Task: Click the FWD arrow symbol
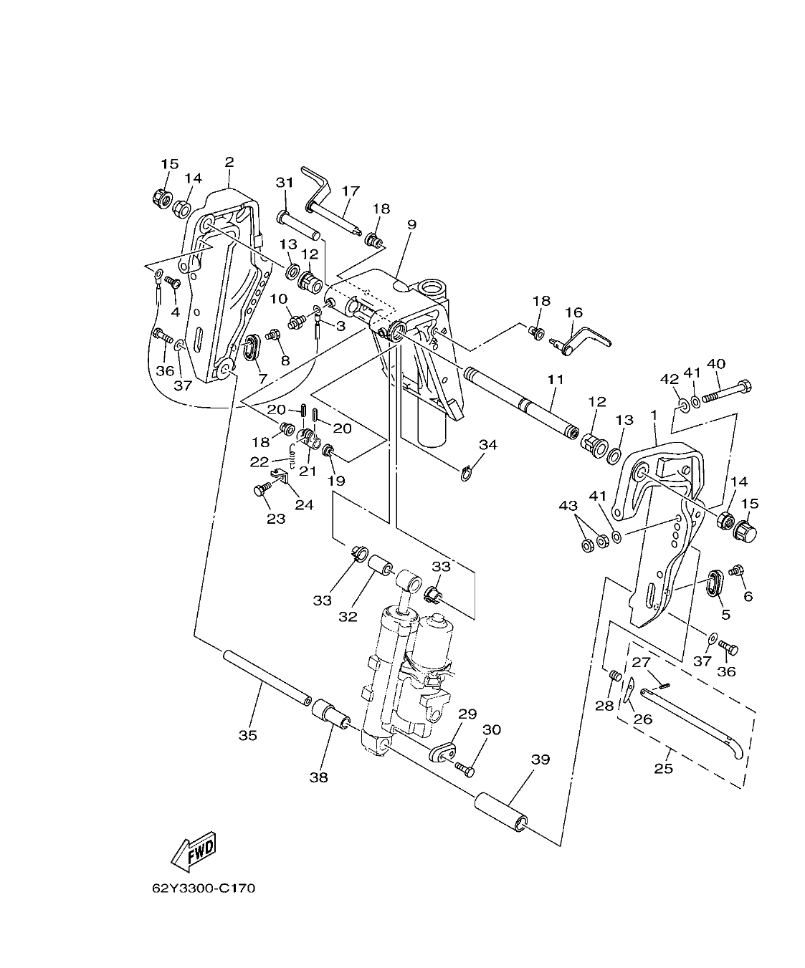coord(193,850)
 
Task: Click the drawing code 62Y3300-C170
coord(204,889)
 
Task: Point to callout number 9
coord(411,224)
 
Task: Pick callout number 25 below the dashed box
coord(664,770)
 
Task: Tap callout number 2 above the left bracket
coord(229,162)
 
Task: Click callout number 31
coord(285,183)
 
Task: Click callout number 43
coord(568,507)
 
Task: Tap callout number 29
coord(467,714)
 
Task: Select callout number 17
coord(350,191)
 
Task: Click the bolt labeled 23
coord(261,491)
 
